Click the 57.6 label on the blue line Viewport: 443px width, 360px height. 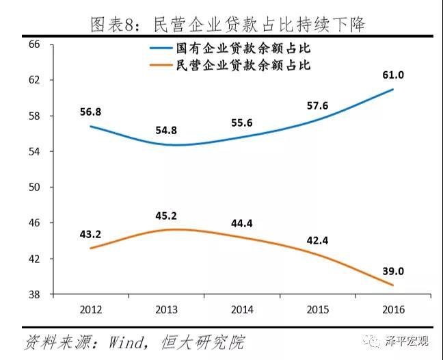tap(317, 106)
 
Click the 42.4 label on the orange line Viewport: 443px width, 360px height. tap(317, 240)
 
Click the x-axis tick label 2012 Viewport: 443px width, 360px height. tap(90, 309)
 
